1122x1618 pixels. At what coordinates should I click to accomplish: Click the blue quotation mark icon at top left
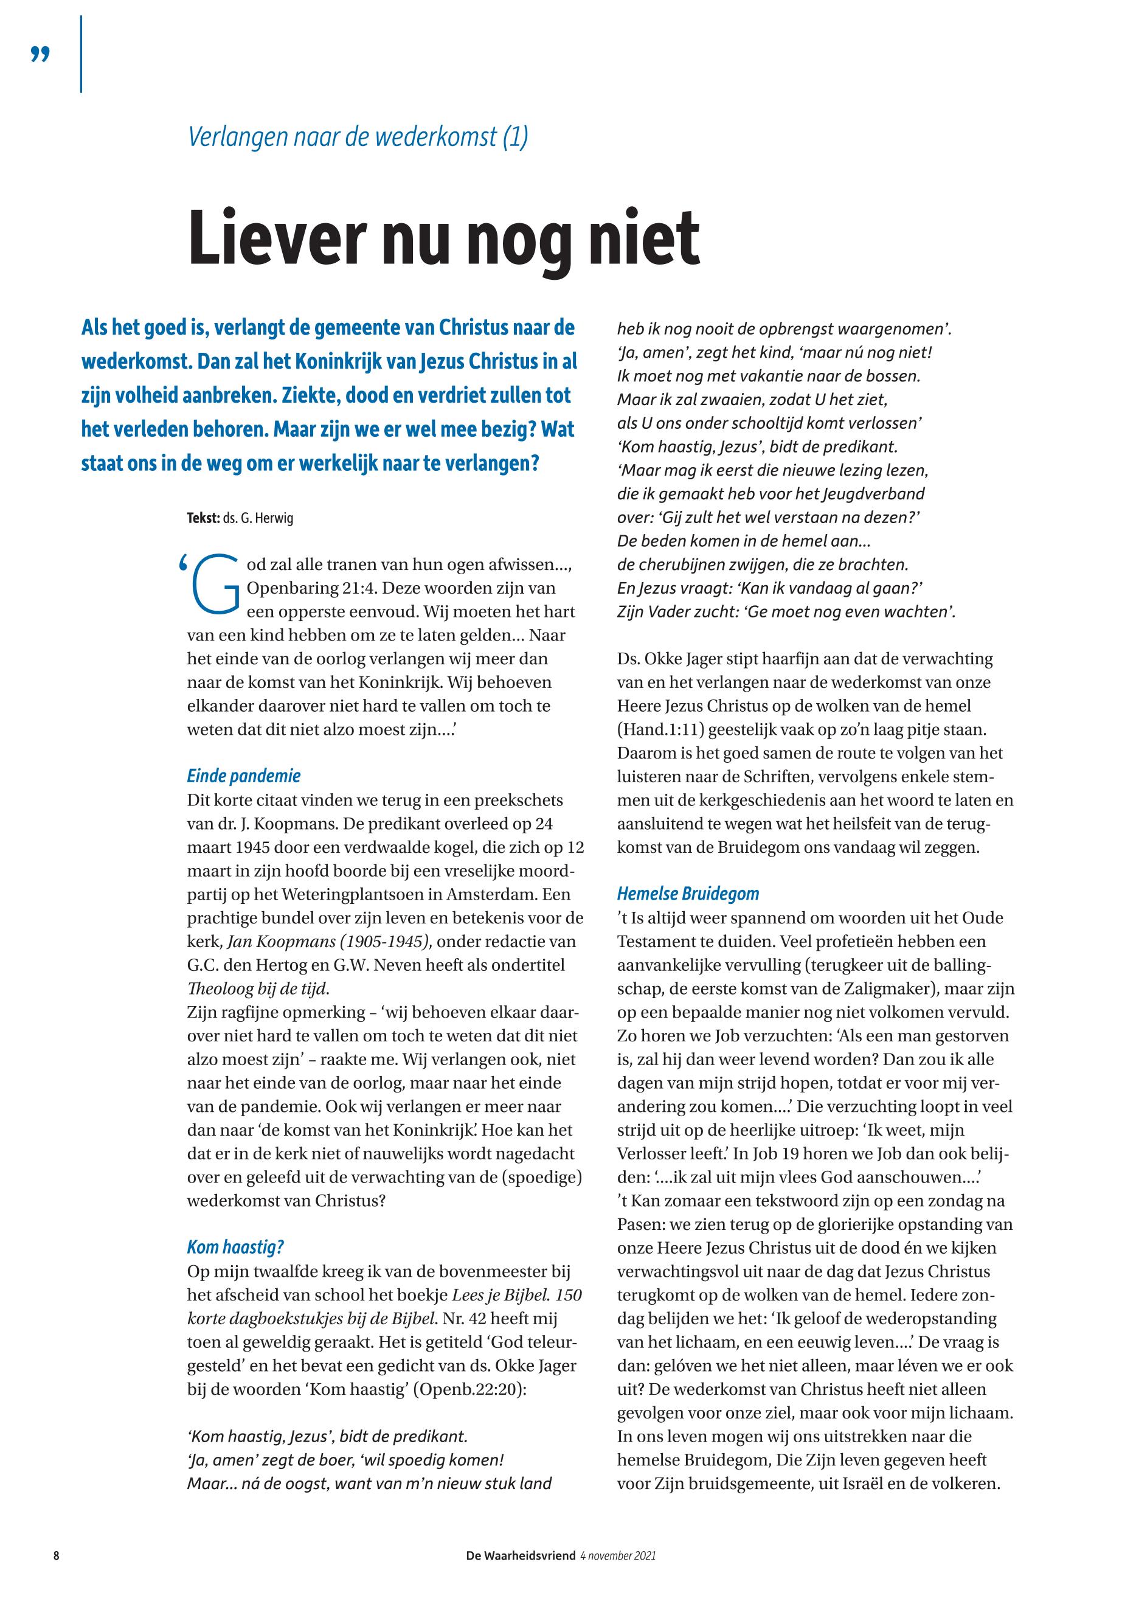41,54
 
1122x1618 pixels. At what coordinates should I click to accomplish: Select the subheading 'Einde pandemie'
243,776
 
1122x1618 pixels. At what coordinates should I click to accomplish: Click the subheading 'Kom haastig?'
235,1247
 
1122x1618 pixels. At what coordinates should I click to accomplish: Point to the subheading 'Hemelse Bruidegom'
688,894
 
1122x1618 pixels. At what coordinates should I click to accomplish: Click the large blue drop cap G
215,582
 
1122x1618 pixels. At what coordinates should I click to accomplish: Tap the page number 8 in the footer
56,1555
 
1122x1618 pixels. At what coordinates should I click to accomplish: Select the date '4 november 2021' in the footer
618,1555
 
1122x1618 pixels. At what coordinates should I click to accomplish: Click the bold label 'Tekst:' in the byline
203,519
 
